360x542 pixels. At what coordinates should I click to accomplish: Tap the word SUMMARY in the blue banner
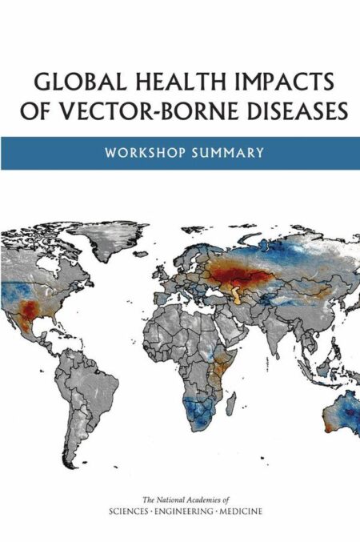pyautogui.click(x=227, y=153)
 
